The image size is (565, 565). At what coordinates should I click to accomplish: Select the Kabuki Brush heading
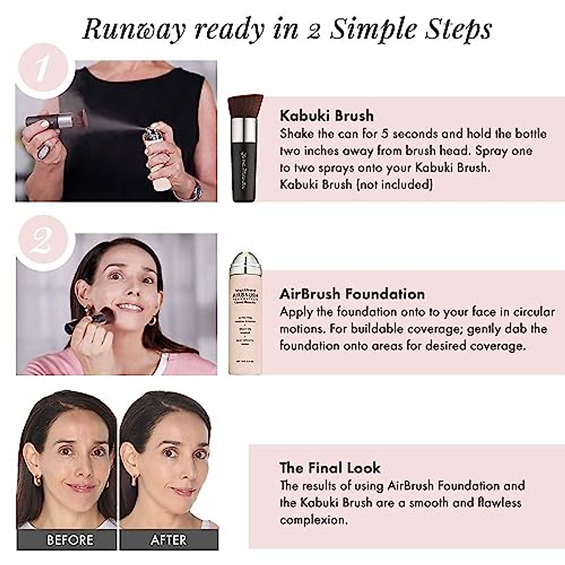tap(326, 116)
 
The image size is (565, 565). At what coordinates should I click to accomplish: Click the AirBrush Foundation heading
tap(352, 294)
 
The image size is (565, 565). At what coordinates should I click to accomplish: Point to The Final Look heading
tap(330, 468)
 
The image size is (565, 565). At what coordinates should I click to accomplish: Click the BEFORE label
tap(70, 540)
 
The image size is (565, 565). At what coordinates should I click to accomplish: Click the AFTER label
tap(169, 540)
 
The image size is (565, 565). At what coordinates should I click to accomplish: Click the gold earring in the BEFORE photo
tap(38, 481)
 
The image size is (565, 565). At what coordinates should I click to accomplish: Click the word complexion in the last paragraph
tap(313, 520)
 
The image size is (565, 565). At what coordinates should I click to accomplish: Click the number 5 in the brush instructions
tap(385, 134)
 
